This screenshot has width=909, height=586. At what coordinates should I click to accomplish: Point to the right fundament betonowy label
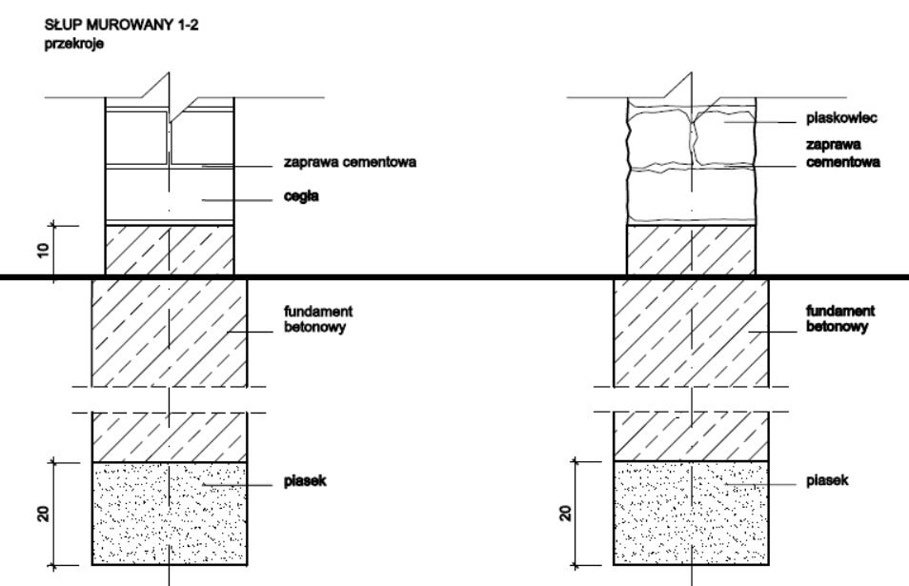coord(840,319)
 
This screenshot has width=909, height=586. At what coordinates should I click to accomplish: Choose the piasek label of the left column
coord(306,482)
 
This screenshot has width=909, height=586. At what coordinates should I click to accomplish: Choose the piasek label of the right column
coord(827,482)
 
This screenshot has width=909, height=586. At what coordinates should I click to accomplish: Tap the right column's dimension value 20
coord(566,514)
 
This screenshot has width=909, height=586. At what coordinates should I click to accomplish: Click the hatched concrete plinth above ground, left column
coord(168,251)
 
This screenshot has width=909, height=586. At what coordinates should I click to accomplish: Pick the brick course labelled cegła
coord(168,196)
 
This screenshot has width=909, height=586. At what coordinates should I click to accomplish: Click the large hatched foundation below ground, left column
coord(169,333)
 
